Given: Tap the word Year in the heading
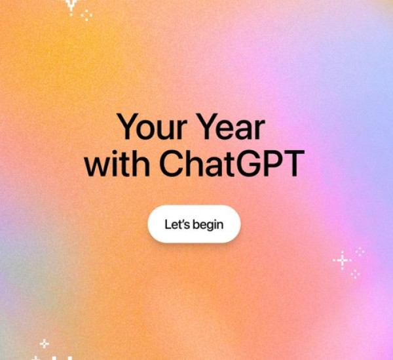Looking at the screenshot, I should (x=236, y=127).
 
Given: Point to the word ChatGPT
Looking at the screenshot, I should (x=232, y=165).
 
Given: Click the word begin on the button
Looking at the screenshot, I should (x=208, y=224).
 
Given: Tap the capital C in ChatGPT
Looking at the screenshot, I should (x=172, y=165).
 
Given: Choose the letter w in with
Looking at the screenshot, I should (x=96, y=167).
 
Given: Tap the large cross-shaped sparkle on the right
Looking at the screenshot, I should (x=341, y=260).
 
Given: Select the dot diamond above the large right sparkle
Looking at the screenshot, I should (x=359, y=250).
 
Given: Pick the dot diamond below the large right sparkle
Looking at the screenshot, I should (x=354, y=273).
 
